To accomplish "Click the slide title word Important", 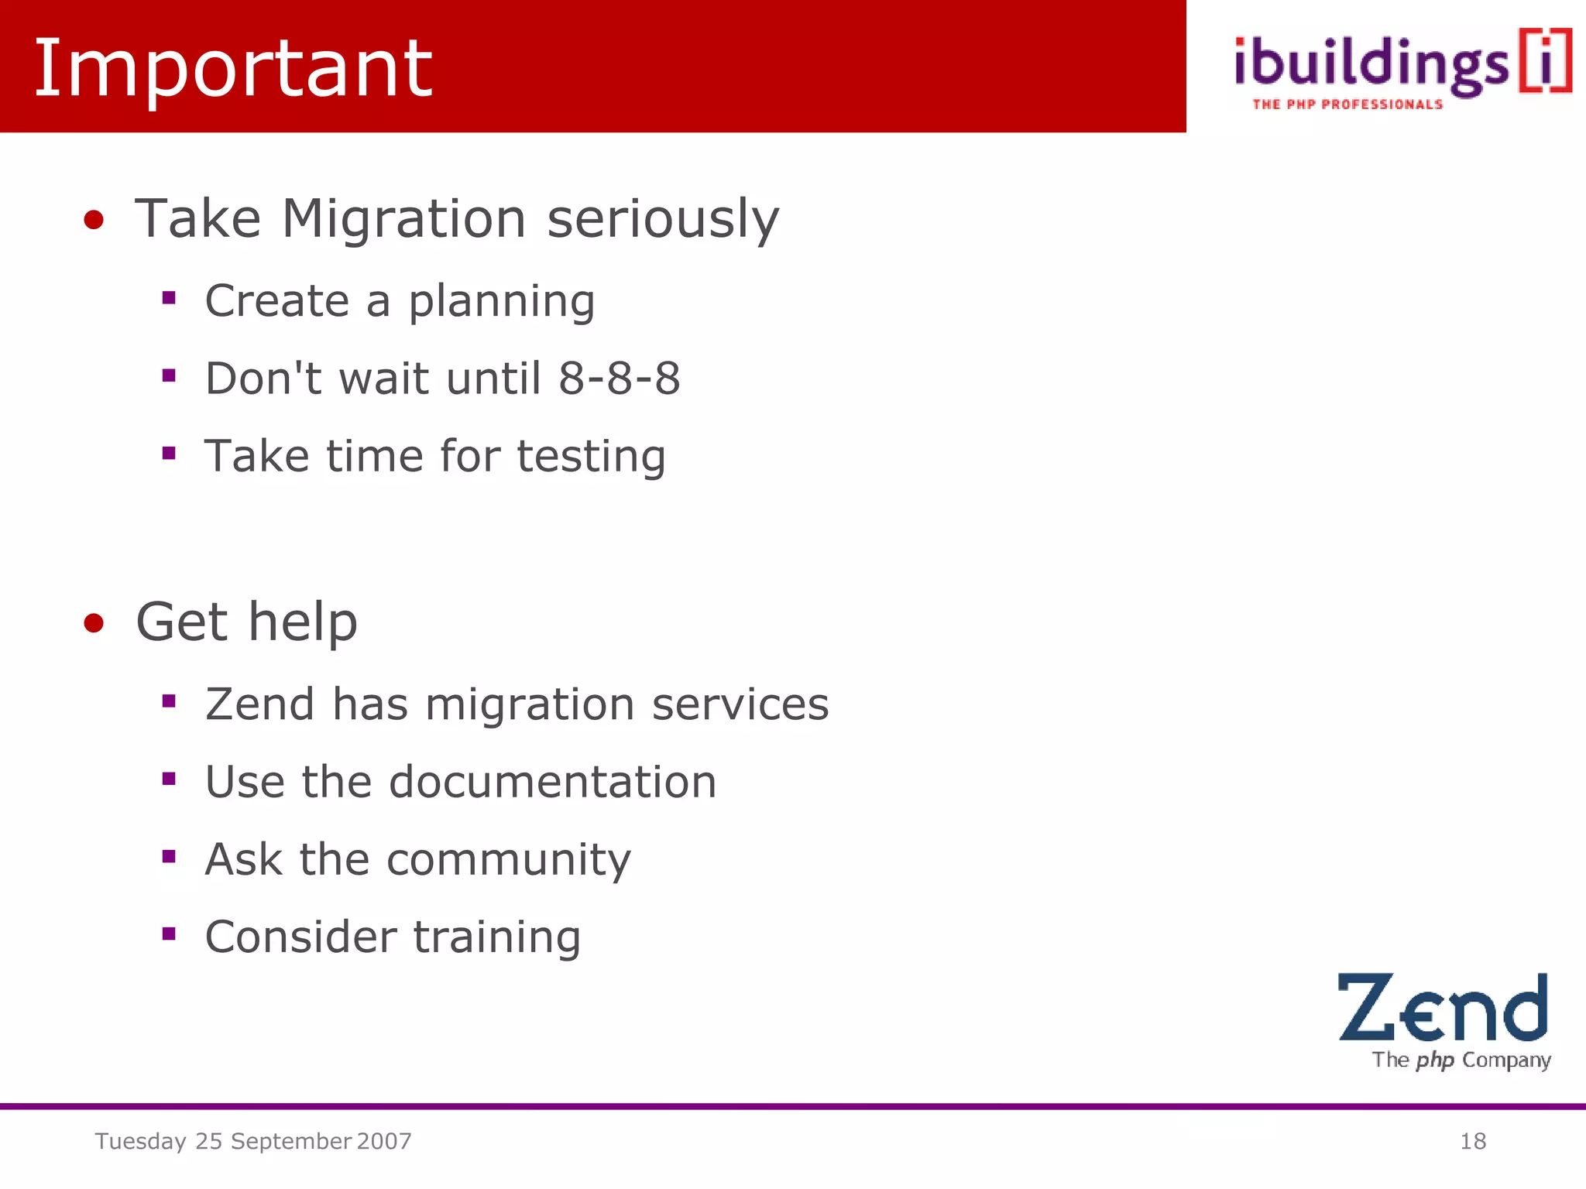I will coord(232,70).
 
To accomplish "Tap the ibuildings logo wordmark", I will coord(1371,66).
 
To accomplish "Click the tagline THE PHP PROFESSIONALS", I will coord(1347,105).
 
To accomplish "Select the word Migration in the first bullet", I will coord(403,218).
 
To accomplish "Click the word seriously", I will coord(663,220).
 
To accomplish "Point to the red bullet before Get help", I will coord(94,622).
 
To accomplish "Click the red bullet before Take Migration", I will coord(94,220).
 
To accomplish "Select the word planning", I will coord(502,302).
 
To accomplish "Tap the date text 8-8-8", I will coord(620,379).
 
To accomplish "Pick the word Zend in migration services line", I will coord(259,704).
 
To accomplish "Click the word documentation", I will coord(552,782).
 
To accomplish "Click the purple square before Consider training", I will coord(169,934).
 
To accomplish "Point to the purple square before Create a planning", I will coord(169,297).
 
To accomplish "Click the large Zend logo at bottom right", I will coord(1442,1008).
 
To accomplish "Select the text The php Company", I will coord(1461,1060).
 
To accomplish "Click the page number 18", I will coord(1472,1141).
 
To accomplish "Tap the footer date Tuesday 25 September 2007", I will coord(253,1141).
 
